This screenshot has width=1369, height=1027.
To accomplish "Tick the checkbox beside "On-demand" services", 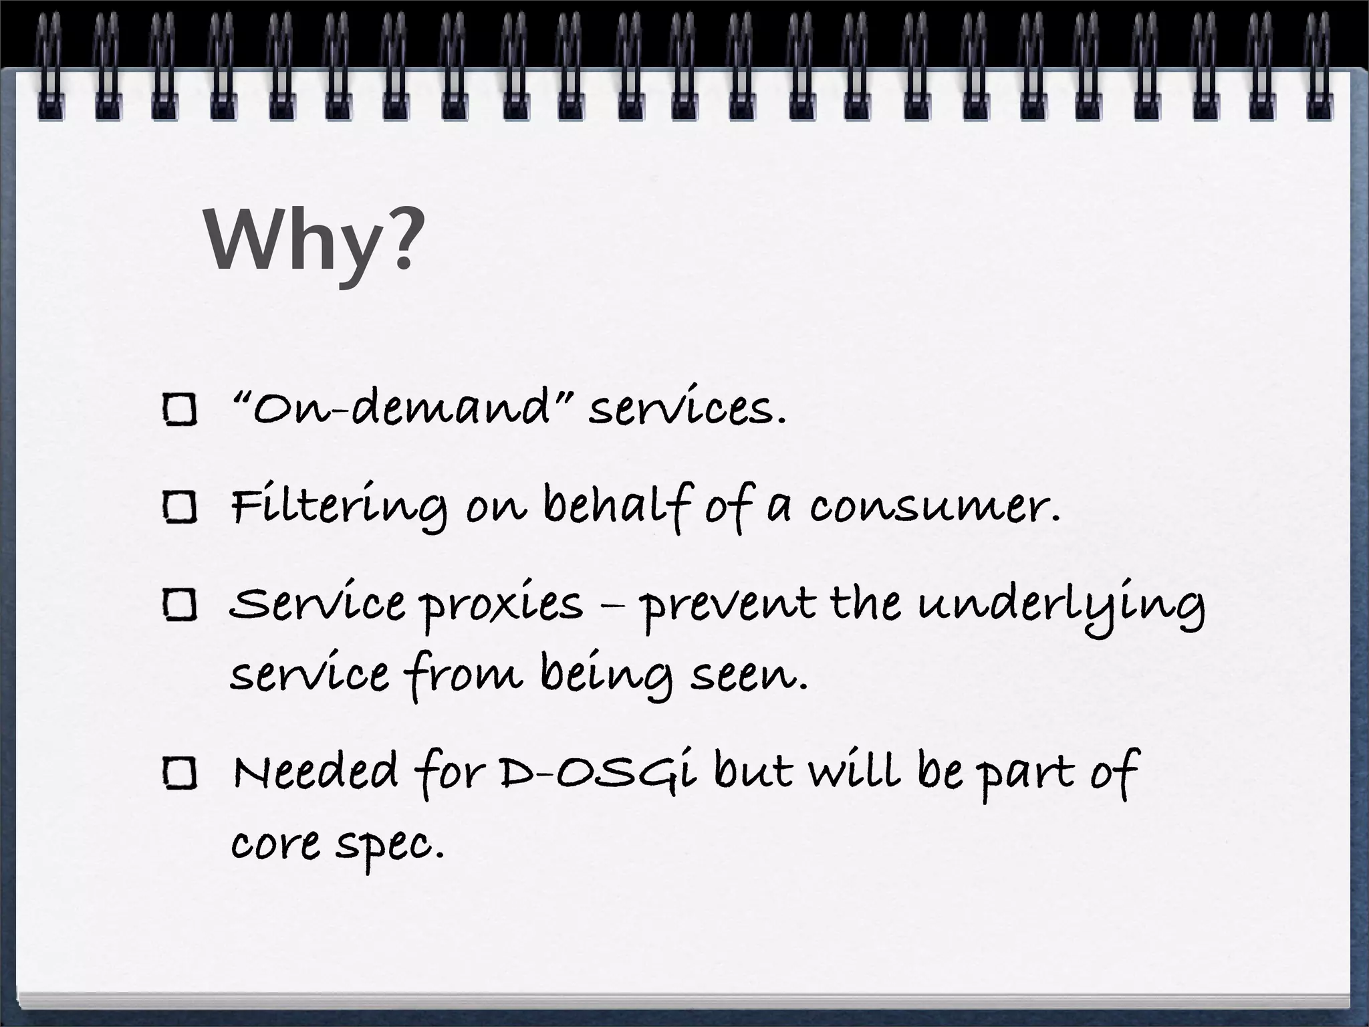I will click(180, 409).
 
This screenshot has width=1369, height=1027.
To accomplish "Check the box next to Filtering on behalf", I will click(180, 507).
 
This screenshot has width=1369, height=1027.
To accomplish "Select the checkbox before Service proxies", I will click(180, 606).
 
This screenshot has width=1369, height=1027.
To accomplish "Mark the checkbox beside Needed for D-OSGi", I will click(180, 774).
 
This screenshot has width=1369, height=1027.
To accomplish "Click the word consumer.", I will click(936, 507).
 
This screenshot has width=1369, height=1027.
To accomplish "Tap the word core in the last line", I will click(275, 844).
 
